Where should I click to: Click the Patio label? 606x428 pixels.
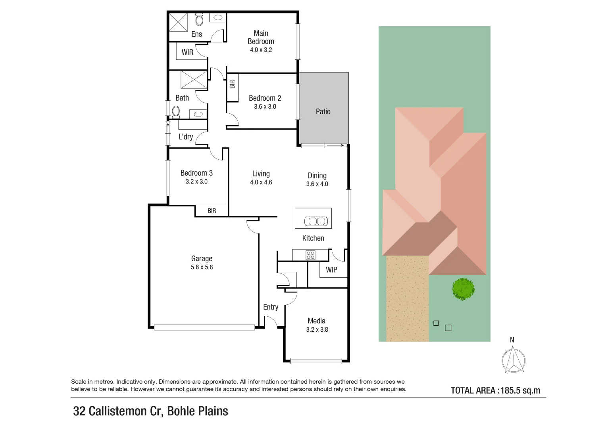(x=323, y=112)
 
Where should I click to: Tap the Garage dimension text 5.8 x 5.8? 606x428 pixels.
(x=202, y=267)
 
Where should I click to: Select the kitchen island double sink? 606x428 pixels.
(x=316, y=221)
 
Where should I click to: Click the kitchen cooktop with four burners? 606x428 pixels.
(x=310, y=255)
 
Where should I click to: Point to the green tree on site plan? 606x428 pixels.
(x=463, y=289)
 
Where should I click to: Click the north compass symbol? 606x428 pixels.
(x=513, y=360)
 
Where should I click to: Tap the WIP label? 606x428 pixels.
(x=331, y=270)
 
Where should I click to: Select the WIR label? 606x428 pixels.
(x=187, y=52)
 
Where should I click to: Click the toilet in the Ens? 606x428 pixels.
(x=199, y=19)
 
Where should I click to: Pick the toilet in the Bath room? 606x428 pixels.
(x=176, y=112)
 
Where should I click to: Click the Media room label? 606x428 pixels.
(x=316, y=321)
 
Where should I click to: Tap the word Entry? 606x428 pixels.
(x=271, y=307)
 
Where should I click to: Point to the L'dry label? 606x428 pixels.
(x=186, y=137)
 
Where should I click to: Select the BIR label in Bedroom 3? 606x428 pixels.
(x=212, y=211)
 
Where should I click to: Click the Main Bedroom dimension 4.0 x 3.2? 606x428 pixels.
(x=261, y=50)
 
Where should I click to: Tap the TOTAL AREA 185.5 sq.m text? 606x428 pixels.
(x=495, y=390)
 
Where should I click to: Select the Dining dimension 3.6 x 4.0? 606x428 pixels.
(x=317, y=184)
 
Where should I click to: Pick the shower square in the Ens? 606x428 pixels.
(x=178, y=22)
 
